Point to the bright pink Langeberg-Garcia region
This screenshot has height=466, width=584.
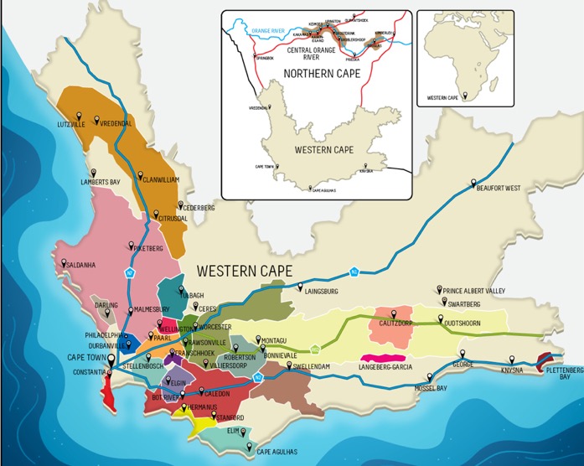382,358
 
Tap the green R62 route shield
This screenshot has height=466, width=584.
315,349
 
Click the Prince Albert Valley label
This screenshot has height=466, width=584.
478,291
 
